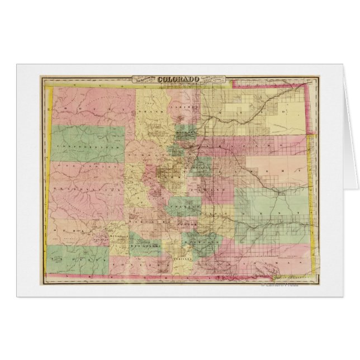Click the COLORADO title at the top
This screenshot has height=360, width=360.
[x=179, y=79]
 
